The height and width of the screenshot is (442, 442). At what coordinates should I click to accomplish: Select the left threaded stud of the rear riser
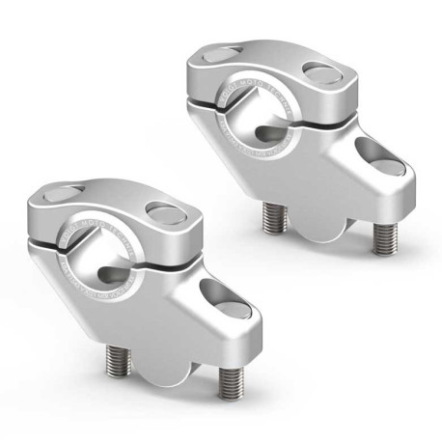click(273, 218)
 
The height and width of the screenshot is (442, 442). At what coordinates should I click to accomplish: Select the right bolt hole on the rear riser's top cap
click(322, 71)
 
